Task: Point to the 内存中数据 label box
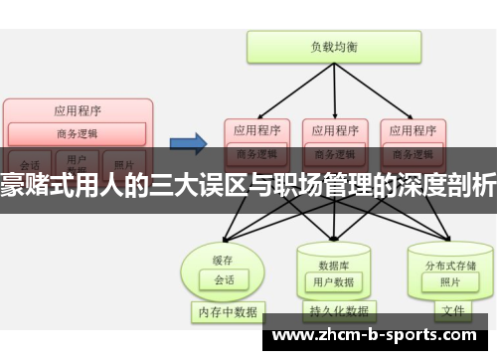227,311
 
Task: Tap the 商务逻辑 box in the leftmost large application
78,133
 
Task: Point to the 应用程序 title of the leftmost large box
78,109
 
